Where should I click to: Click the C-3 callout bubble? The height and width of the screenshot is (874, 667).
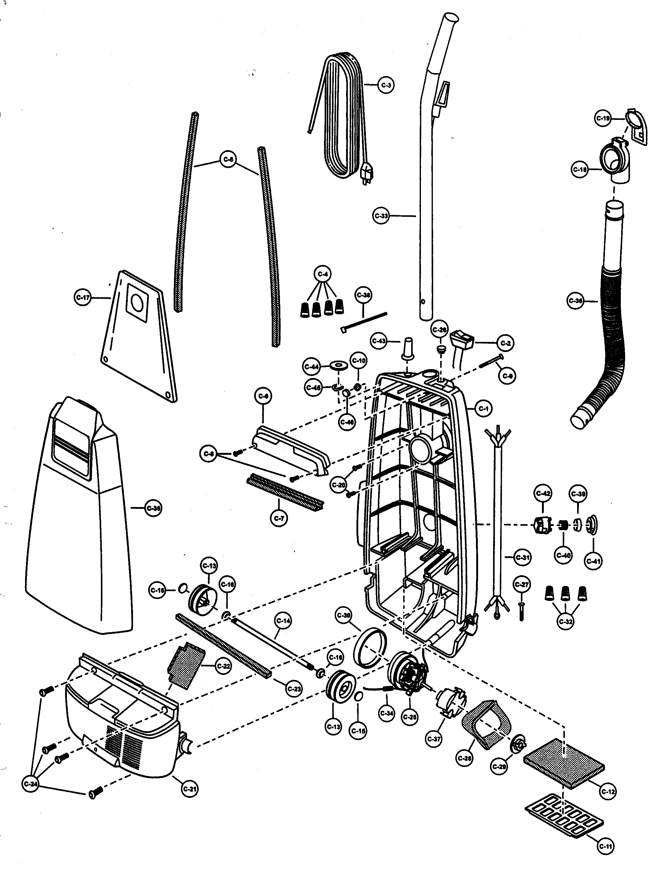pyautogui.click(x=385, y=85)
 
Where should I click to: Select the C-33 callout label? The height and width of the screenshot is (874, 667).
pyautogui.click(x=381, y=216)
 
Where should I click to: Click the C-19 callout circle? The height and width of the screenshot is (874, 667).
pyautogui.click(x=603, y=118)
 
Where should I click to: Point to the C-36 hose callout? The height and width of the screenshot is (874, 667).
pyautogui.click(x=575, y=301)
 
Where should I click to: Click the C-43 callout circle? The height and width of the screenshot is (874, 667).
pyautogui.click(x=379, y=341)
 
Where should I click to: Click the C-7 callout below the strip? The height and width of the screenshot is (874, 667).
pyautogui.click(x=279, y=518)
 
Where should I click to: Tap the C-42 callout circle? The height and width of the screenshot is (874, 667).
pyautogui.click(x=543, y=494)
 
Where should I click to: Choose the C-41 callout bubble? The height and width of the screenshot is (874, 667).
pyautogui.click(x=594, y=561)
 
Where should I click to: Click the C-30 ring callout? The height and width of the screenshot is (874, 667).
pyautogui.click(x=343, y=616)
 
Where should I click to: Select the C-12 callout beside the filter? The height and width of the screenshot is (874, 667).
pyautogui.click(x=608, y=791)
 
